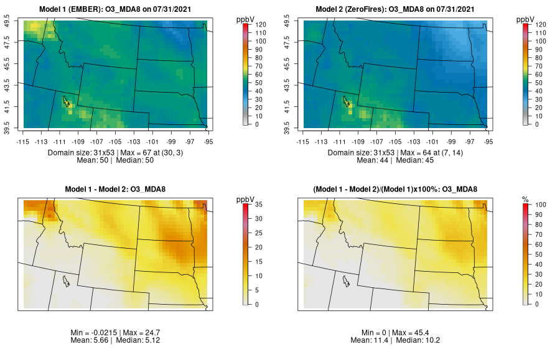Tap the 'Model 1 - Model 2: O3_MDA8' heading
tap(118, 189)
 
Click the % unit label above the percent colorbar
tap(525, 199)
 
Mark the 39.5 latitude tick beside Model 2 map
tap(294, 127)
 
